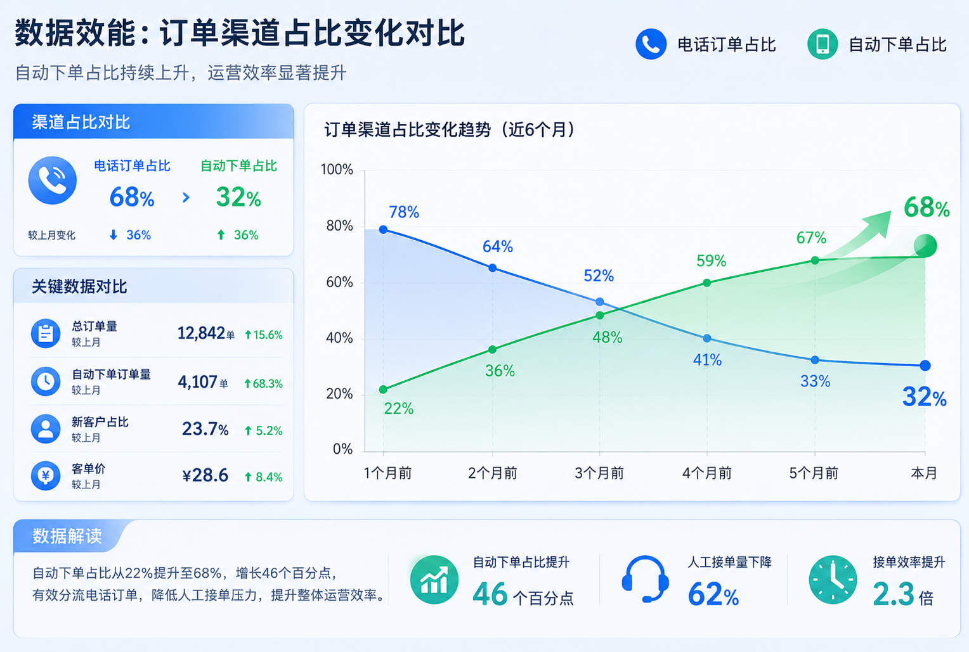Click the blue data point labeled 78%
click(x=383, y=229)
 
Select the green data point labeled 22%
click(x=383, y=390)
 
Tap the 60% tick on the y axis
click(x=339, y=283)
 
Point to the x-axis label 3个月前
click(x=599, y=473)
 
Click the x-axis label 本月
click(x=924, y=473)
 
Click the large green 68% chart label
click(x=927, y=208)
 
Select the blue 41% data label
click(x=707, y=360)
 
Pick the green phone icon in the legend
click(x=823, y=44)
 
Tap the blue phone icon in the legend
click(x=651, y=44)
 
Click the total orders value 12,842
click(x=201, y=333)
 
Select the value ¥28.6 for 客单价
click(x=205, y=475)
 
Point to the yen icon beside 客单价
click(x=46, y=476)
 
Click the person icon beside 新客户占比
click(x=46, y=428)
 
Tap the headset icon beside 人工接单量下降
click(x=645, y=579)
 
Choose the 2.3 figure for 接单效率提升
click(x=894, y=594)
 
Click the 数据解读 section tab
click(x=67, y=536)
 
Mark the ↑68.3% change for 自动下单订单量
click(x=263, y=383)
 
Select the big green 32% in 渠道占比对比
click(x=238, y=198)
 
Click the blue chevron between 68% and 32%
click(x=186, y=198)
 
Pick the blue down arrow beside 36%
click(x=114, y=235)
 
